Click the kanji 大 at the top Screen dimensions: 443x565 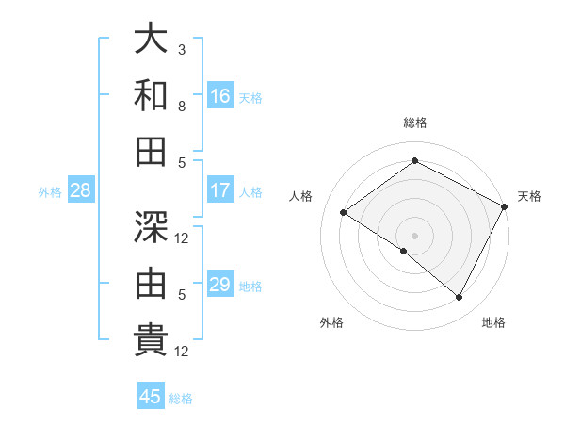pyautogui.click(x=151, y=40)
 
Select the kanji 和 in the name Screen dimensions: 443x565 pyautogui.click(x=151, y=95)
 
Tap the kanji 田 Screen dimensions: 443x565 pyautogui.click(x=151, y=151)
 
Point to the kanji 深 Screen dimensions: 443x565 pyautogui.click(x=151, y=227)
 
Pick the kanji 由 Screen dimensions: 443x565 pyautogui.click(x=151, y=283)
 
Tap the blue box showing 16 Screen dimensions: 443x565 pyautogui.click(x=220, y=96)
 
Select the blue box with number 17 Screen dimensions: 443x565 pyautogui.click(x=220, y=190)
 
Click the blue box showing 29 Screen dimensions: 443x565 pyautogui.click(x=220, y=286)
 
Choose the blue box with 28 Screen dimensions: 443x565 pyautogui.click(x=81, y=191)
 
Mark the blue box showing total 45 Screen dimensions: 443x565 pyautogui.click(x=151, y=397)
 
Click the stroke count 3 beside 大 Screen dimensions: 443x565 pyautogui.click(x=182, y=49)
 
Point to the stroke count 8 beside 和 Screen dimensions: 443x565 pyautogui.click(x=182, y=106)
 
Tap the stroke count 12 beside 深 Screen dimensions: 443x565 pyautogui.click(x=183, y=238)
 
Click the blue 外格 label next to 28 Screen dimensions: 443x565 pyautogui.click(x=50, y=192)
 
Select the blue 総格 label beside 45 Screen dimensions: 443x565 pyautogui.click(x=181, y=399)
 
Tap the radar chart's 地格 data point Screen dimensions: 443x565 pyautogui.click(x=460, y=298)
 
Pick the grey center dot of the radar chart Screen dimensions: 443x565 pyautogui.click(x=414, y=235)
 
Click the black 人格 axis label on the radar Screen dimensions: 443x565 pyautogui.click(x=301, y=196)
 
